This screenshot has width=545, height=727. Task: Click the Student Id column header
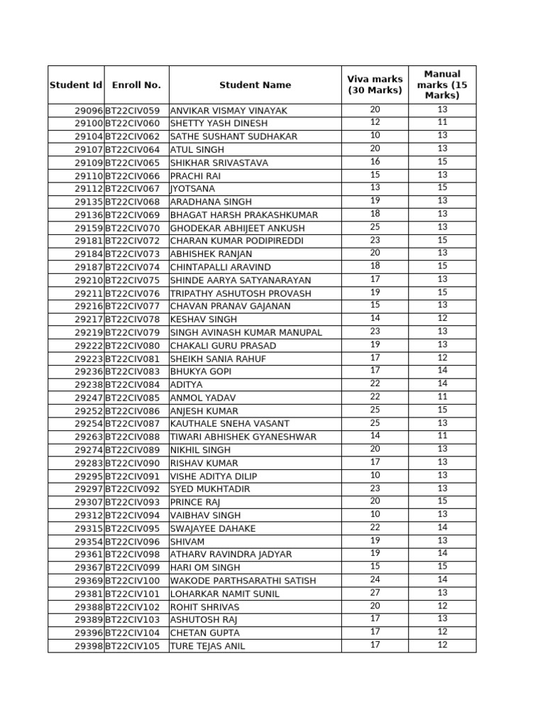pyautogui.click(x=76, y=85)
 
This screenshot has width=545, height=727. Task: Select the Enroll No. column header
pyautogui.click(x=136, y=85)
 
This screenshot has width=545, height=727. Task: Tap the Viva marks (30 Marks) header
pyautogui.click(x=375, y=84)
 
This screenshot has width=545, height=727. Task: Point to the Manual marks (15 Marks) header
pyautogui.click(x=442, y=84)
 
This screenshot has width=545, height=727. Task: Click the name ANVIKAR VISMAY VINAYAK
pyautogui.click(x=229, y=111)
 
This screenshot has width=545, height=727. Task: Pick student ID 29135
pyautogui.click(x=89, y=202)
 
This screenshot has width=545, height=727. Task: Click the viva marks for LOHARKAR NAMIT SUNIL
pyautogui.click(x=375, y=593)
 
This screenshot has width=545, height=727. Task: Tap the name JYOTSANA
pyautogui.click(x=192, y=189)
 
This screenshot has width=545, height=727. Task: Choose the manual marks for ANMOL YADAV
pyautogui.click(x=442, y=397)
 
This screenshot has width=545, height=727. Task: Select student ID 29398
pyautogui.click(x=89, y=646)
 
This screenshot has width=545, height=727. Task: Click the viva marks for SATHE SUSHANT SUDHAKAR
pyautogui.click(x=375, y=136)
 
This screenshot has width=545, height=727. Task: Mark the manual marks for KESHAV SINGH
pyautogui.click(x=442, y=319)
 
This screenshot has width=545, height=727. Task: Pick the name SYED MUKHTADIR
pyautogui.click(x=210, y=489)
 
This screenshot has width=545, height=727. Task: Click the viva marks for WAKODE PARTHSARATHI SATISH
pyautogui.click(x=375, y=579)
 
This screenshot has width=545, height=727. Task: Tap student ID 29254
pyautogui.click(x=89, y=424)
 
